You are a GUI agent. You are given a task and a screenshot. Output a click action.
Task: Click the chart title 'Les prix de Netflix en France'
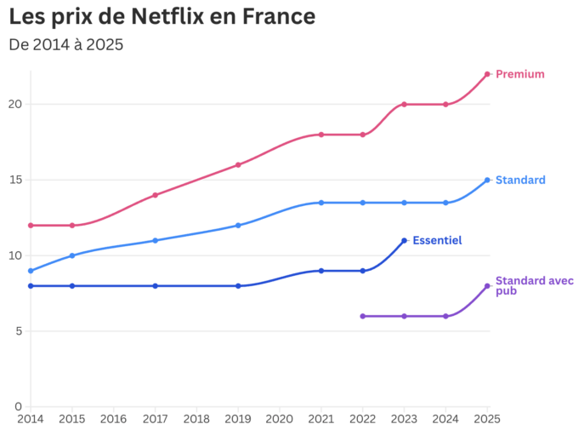click(x=161, y=16)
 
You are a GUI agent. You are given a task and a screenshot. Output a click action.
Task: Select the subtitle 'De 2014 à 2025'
click(x=66, y=44)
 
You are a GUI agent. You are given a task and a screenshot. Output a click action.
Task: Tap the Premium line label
click(x=519, y=74)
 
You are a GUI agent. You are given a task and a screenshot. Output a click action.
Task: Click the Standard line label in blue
click(x=520, y=180)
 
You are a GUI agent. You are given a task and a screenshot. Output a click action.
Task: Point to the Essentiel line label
click(x=437, y=241)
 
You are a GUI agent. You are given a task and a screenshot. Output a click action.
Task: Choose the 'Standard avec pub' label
click(x=522, y=285)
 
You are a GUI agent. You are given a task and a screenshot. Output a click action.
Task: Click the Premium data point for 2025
click(x=487, y=74)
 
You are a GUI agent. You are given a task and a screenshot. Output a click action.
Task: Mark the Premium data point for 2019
click(x=238, y=165)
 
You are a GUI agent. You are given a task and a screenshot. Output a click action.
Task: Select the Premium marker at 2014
click(x=31, y=226)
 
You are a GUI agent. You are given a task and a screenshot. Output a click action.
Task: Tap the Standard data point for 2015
click(x=72, y=255)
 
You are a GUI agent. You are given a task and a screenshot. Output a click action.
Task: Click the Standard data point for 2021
click(x=321, y=203)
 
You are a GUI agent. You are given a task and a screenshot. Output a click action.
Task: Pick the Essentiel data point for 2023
click(x=404, y=240)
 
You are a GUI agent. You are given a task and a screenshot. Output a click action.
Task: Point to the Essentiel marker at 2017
click(x=155, y=286)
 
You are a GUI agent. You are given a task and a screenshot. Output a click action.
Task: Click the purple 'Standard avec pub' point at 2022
click(x=363, y=316)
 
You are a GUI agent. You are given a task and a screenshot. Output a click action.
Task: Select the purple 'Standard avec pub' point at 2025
click(x=487, y=286)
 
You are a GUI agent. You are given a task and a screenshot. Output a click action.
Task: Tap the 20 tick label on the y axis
click(x=14, y=105)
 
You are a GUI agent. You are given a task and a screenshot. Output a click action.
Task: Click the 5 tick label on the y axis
click(x=18, y=331)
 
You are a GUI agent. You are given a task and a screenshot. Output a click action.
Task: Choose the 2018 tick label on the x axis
click(x=196, y=419)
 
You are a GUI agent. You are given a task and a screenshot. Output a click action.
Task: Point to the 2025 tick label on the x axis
click(x=487, y=419)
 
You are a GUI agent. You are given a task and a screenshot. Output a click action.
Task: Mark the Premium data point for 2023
click(x=404, y=105)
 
